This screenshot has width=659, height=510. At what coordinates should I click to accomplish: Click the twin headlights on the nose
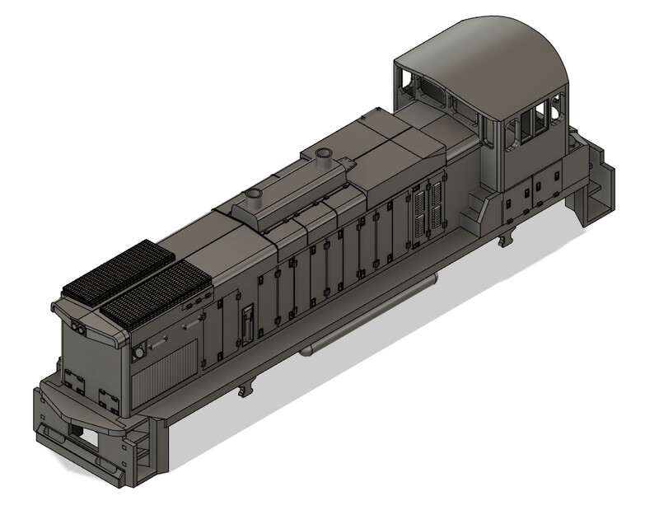point(81,329)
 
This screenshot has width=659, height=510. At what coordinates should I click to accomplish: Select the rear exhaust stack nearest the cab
point(322,157)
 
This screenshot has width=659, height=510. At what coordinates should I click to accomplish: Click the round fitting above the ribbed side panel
point(139,352)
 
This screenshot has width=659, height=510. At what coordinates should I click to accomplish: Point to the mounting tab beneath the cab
point(504,240)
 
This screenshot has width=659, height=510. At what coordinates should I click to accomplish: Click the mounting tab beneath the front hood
point(245,387)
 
